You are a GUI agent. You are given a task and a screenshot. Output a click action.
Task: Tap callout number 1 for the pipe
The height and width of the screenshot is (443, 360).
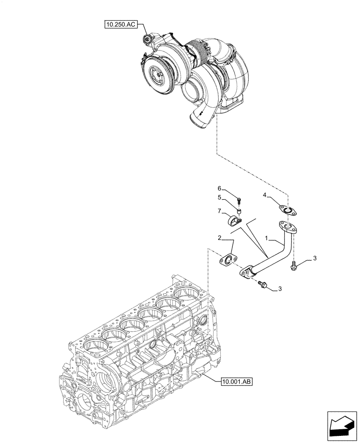tap(267, 239)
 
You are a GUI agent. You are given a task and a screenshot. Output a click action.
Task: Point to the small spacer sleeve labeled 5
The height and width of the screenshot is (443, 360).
tap(239, 210)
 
